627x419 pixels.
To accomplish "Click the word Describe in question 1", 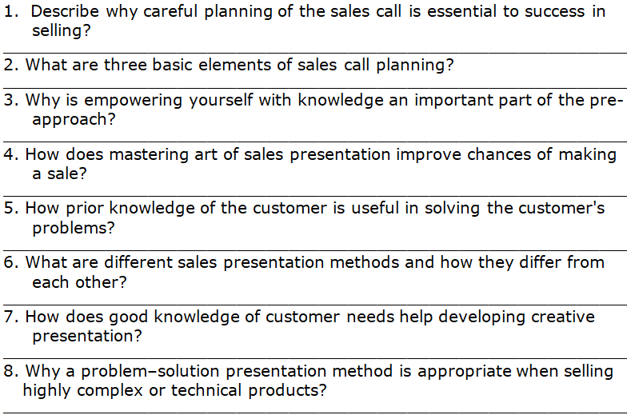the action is (64, 11).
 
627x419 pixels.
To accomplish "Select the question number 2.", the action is (11, 65).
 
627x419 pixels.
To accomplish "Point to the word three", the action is (125, 65).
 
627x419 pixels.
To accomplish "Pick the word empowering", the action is (133, 101).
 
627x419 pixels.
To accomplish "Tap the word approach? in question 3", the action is (74, 120).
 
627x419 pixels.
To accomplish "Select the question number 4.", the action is (11, 154).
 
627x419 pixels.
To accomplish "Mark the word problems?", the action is (74, 228).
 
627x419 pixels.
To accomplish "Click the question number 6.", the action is (11, 262).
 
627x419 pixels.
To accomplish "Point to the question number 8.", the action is (11, 371).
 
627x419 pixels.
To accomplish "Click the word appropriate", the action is (464, 371).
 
